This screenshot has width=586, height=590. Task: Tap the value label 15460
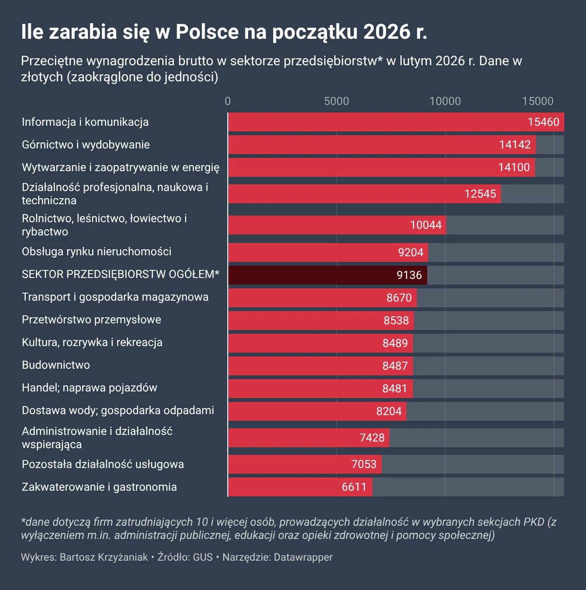(543, 122)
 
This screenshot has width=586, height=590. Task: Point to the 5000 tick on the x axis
(336, 101)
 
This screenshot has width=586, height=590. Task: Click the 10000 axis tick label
(445, 101)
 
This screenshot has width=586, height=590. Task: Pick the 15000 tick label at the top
(537, 101)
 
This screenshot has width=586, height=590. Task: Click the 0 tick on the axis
(228, 101)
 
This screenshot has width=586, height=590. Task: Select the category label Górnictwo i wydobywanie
(86, 145)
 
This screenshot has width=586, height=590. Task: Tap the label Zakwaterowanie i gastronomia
(99, 487)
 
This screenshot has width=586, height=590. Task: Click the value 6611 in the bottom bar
(354, 487)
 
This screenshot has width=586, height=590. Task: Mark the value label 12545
(480, 194)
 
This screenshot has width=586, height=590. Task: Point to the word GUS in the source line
(203, 557)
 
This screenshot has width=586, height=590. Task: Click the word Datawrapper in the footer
(303, 557)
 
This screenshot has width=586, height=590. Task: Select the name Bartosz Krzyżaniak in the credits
(104, 557)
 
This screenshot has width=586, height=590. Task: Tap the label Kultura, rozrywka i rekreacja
(92, 342)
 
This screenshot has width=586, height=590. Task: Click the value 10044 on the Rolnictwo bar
(426, 225)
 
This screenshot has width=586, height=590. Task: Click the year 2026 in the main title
(387, 32)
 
